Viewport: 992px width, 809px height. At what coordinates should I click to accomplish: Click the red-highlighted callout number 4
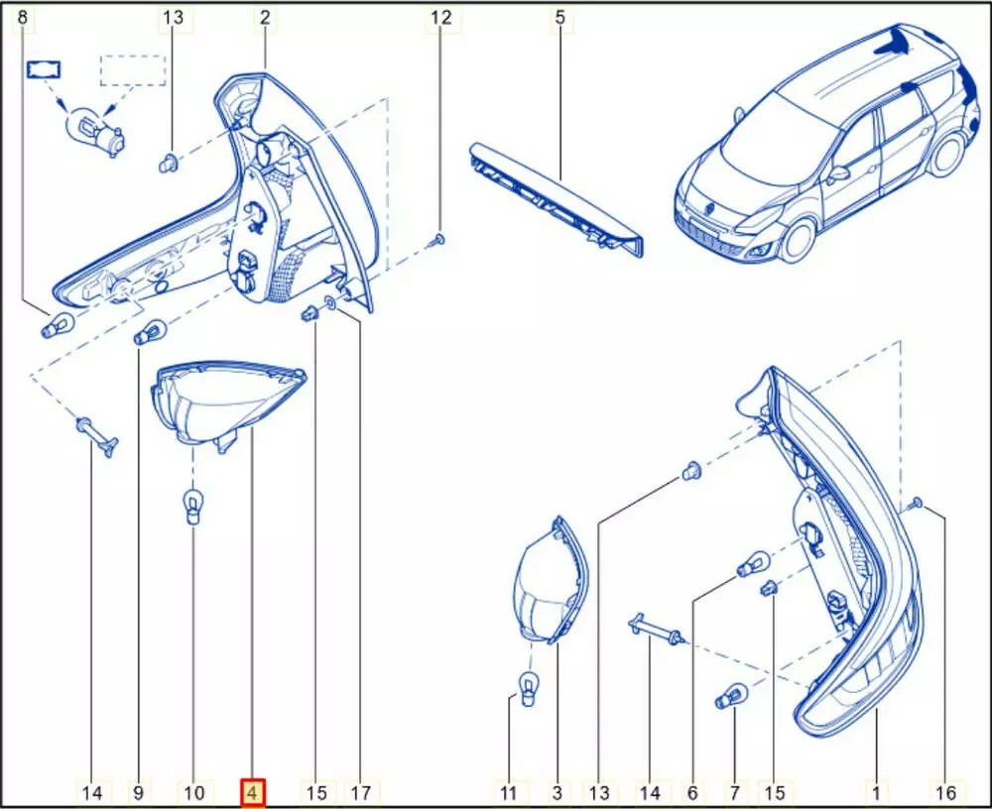click(252, 792)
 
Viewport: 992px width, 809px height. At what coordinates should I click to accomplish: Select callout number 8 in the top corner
click(23, 18)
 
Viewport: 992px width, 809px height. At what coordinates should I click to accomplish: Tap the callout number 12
click(441, 18)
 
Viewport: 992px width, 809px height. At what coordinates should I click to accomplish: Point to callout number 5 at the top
click(559, 18)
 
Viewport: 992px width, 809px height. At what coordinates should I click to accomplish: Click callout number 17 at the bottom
click(361, 792)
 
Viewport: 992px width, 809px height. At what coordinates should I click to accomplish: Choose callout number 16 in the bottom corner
click(946, 792)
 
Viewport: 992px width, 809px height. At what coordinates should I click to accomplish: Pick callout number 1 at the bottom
click(876, 792)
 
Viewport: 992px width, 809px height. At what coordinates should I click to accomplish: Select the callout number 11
click(509, 792)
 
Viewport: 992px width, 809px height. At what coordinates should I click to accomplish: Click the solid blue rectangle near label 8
click(43, 69)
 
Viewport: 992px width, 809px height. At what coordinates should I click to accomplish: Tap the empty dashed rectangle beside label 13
click(133, 70)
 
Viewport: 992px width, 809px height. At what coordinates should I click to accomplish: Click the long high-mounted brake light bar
click(557, 198)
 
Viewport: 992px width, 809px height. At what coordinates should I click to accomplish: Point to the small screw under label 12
click(440, 239)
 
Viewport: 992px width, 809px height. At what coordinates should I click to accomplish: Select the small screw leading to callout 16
click(916, 504)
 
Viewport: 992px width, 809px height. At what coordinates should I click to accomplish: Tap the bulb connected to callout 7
click(731, 696)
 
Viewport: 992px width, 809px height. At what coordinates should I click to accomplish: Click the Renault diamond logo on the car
click(711, 208)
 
